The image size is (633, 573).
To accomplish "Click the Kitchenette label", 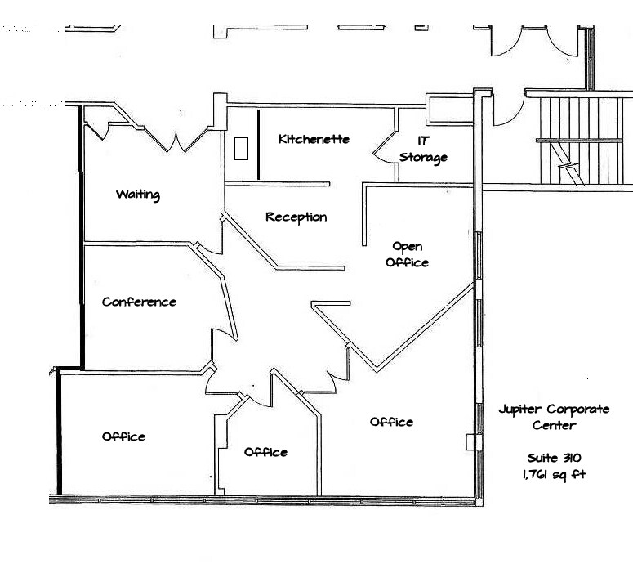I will (x=314, y=139).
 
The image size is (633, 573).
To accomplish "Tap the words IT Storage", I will (x=423, y=149).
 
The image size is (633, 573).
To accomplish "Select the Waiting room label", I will (x=137, y=195).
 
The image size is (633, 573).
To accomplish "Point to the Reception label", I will (x=296, y=217).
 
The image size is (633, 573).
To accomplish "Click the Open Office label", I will (x=408, y=254).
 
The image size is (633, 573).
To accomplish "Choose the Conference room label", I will (x=139, y=302).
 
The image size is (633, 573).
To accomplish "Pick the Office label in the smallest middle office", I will (x=265, y=452).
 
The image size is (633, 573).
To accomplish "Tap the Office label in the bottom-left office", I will (x=123, y=436).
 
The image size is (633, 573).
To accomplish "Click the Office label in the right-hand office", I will (x=391, y=422).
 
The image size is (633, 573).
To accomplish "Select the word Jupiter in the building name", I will (x=520, y=410).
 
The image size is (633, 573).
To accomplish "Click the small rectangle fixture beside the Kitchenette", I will (x=241, y=149).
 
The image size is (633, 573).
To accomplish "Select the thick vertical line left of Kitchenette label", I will (x=258, y=144).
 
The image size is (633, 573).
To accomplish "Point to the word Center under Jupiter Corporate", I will (x=554, y=425).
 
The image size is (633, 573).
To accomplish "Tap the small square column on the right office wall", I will (x=470, y=442).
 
